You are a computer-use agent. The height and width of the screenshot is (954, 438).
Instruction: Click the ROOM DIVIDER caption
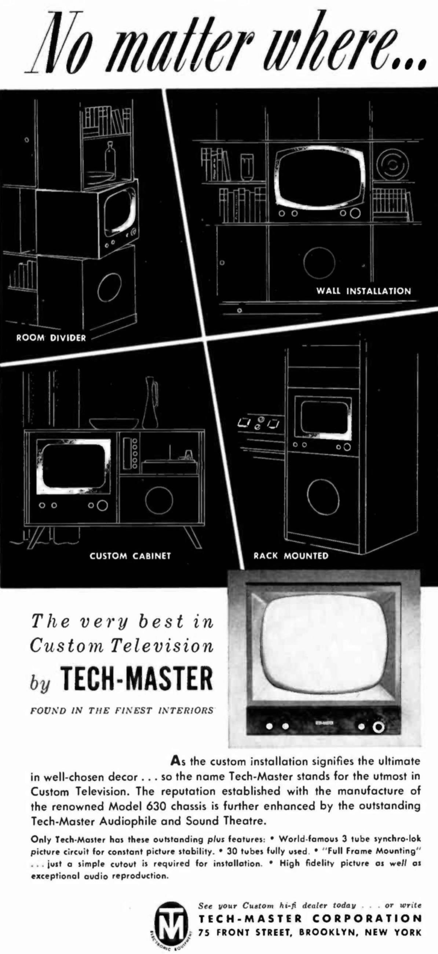(x=51, y=338)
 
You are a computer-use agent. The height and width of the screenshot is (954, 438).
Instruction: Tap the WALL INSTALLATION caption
(x=364, y=291)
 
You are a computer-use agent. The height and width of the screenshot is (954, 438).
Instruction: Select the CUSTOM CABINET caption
(x=130, y=556)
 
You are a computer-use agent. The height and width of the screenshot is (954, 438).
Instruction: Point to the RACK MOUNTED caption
(x=291, y=556)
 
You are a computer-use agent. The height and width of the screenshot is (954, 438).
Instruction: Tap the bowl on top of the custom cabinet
(x=114, y=424)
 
